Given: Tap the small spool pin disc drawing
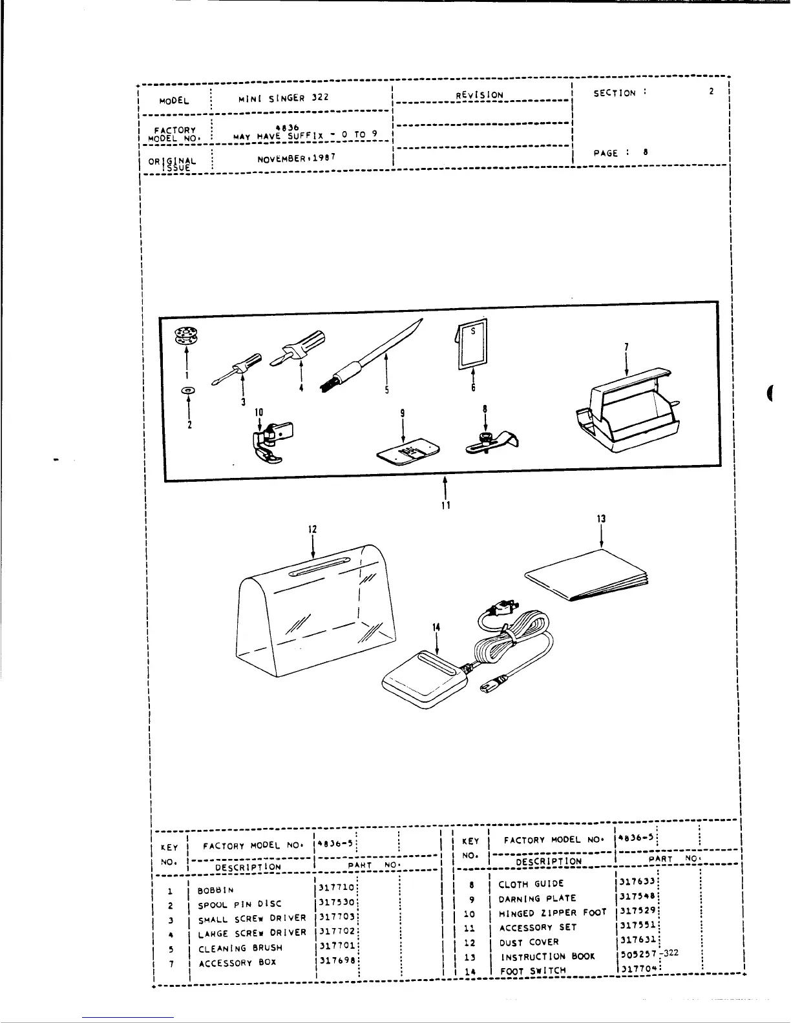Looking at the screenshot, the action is click(188, 391).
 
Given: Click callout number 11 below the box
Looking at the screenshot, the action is click(446, 505).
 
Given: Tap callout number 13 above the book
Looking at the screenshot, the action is click(602, 519).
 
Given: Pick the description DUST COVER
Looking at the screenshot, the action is click(529, 942).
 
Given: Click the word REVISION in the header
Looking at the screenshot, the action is click(480, 95).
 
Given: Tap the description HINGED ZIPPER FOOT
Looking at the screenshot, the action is click(553, 913).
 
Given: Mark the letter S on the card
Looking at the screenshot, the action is click(473, 331).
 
